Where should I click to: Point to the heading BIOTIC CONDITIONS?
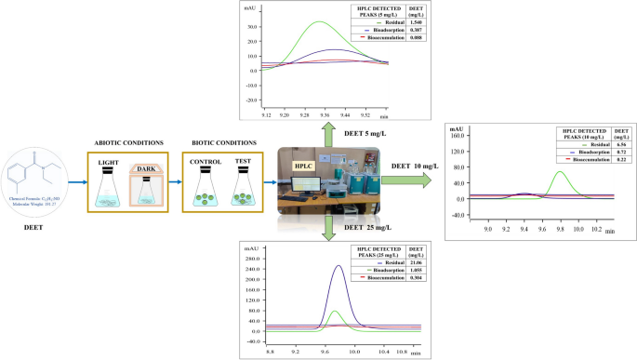tap(224, 142)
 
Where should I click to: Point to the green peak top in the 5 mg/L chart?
tap(320, 22)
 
